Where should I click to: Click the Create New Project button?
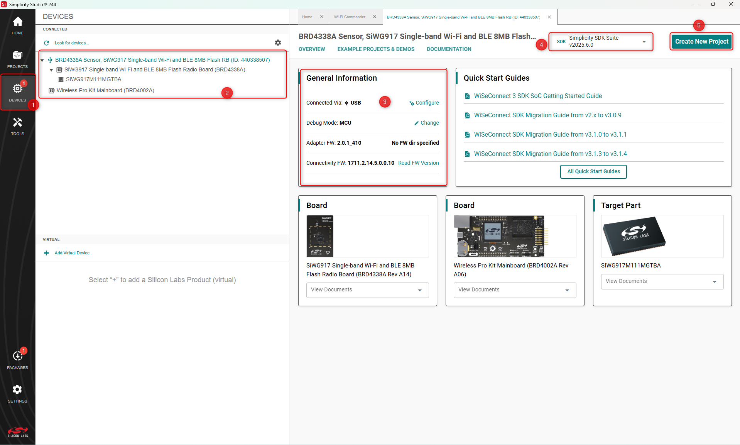[701, 42]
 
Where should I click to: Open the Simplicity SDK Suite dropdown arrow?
[644, 42]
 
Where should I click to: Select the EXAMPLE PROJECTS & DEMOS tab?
[376, 49]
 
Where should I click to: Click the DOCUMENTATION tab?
[449, 49]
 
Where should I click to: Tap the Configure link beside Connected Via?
[424, 103]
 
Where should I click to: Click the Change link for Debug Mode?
[427, 123]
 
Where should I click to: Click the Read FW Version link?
[418, 163]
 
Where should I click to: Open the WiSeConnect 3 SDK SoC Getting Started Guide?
[538, 96]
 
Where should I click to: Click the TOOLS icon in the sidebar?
[17, 126]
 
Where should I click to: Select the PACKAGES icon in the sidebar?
[17, 359]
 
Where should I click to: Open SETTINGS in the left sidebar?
[17, 393]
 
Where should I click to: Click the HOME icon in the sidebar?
[17, 25]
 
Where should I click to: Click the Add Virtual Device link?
[72, 253]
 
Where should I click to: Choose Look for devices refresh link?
[71, 43]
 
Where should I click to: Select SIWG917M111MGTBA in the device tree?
[93, 79]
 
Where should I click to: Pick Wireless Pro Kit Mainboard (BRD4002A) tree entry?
[105, 90]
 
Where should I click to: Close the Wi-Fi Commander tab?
[374, 17]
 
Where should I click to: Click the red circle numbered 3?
[385, 102]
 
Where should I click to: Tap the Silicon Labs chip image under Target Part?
[634, 236]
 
